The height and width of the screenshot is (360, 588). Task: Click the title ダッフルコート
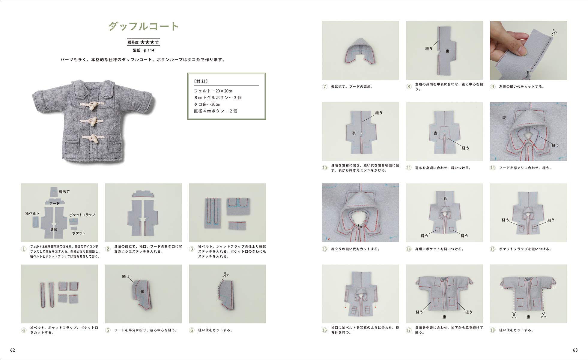pos(143,26)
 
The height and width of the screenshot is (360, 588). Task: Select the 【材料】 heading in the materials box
pos(201,81)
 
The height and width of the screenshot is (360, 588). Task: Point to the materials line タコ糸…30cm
pos(207,104)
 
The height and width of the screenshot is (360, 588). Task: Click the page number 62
pos(13,350)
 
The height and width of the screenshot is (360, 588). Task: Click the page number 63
pos(575,350)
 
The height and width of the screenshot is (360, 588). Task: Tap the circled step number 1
pos(24,249)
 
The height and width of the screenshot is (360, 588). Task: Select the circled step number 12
pos(493,168)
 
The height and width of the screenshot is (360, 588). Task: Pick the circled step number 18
pos(493,330)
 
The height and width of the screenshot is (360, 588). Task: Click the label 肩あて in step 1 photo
pos(64,192)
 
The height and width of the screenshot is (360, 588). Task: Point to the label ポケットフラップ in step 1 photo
pos(82,215)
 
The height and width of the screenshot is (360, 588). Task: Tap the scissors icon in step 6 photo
pos(225,274)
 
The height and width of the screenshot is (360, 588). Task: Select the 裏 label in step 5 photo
pos(142,292)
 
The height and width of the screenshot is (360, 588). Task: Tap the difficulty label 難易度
pos(133,42)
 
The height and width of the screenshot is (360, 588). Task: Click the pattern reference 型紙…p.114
pos(144,50)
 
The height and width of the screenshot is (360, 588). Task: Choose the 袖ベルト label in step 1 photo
pos(32,214)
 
